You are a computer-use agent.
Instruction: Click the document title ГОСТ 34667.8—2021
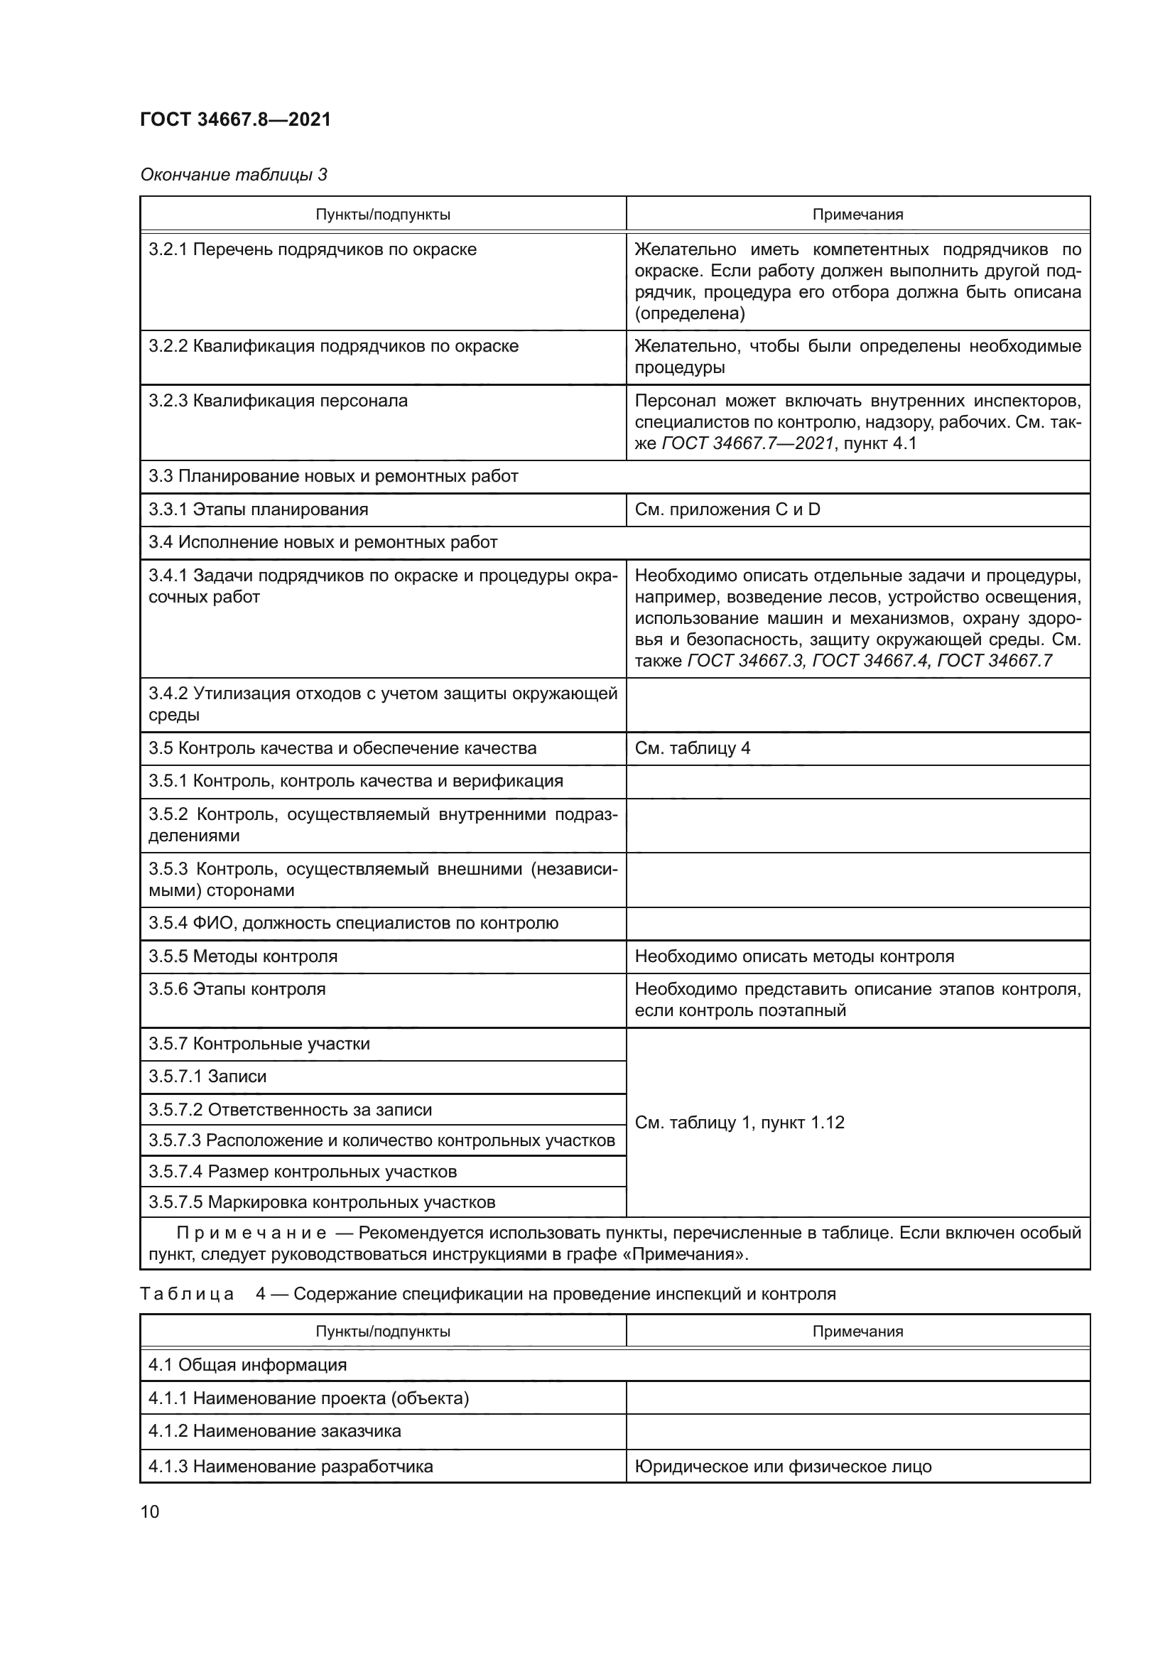coord(235,119)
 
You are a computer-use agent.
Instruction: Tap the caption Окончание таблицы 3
coord(233,175)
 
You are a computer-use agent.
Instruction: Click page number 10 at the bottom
coord(150,1511)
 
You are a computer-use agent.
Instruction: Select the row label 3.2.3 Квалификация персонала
coord(278,400)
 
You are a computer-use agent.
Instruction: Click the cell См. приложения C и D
coord(727,509)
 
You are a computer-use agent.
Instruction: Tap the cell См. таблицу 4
coord(693,748)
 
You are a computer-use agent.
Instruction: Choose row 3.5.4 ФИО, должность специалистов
coord(353,923)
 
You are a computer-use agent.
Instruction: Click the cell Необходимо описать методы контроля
coord(794,956)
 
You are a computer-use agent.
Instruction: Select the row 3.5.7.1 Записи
coord(207,1076)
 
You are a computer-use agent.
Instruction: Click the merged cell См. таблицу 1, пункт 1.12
coord(740,1122)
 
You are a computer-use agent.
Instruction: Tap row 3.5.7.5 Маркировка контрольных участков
coord(321,1202)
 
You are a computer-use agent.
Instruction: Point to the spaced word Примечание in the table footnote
coord(251,1233)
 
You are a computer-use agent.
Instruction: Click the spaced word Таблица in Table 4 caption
coord(187,1293)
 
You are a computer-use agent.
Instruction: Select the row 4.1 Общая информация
coord(247,1364)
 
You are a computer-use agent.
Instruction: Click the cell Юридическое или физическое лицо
coord(783,1467)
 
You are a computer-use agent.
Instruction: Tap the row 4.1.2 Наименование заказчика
coord(274,1431)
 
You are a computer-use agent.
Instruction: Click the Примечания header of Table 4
coord(857,1331)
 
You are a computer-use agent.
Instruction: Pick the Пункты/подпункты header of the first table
coord(383,215)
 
